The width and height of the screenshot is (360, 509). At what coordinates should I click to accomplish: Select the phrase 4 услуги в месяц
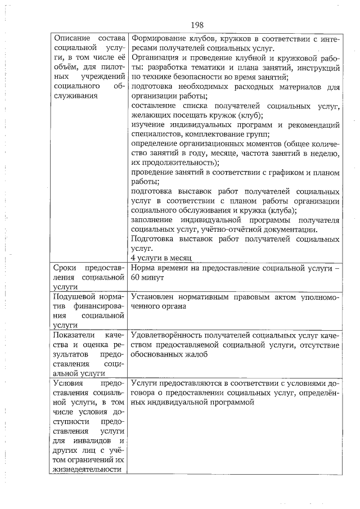(161, 257)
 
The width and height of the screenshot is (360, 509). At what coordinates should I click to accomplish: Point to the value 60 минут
(146, 278)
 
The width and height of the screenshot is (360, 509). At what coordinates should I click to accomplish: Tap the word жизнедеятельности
(87, 469)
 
